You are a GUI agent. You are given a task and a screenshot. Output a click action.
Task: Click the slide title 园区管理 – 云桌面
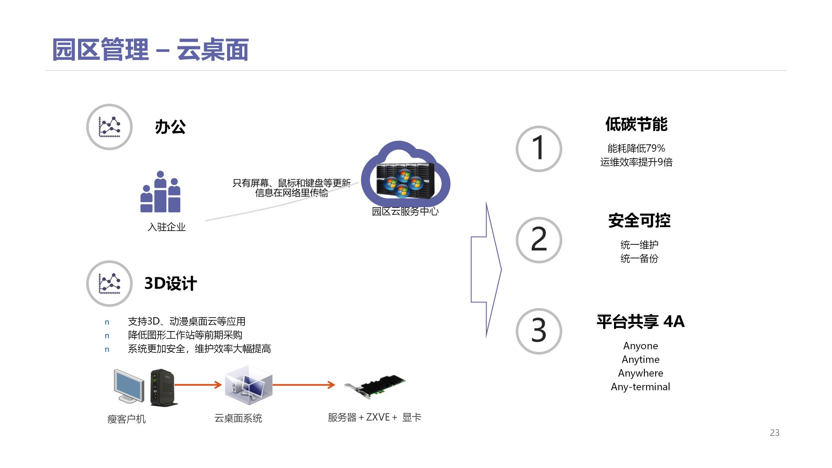[x=150, y=50]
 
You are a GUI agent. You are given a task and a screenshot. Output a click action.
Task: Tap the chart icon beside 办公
[x=109, y=127]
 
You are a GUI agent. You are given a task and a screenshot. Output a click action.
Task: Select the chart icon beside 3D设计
[x=109, y=283]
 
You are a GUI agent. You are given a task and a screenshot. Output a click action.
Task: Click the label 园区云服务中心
[x=405, y=211]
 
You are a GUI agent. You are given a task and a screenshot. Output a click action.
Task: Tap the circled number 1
[x=539, y=149]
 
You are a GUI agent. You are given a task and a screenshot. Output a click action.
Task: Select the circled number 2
[x=539, y=240]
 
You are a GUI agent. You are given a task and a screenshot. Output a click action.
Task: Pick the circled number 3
[x=539, y=331]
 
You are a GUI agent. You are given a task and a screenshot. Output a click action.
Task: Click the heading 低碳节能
[x=636, y=124]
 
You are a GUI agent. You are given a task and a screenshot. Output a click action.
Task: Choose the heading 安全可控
[x=639, y=221]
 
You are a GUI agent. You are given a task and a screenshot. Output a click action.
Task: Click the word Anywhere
[x=640, y=373]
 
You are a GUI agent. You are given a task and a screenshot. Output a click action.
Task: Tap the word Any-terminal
[x=640, y=387]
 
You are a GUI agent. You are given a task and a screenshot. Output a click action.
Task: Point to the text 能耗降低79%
[x=636, y=149]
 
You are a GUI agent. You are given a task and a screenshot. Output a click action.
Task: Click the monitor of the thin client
[x=129, y=385]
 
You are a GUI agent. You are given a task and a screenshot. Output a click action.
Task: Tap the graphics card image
[x=375, y=386]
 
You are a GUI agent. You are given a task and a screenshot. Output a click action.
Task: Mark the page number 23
[x=774, y=432]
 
